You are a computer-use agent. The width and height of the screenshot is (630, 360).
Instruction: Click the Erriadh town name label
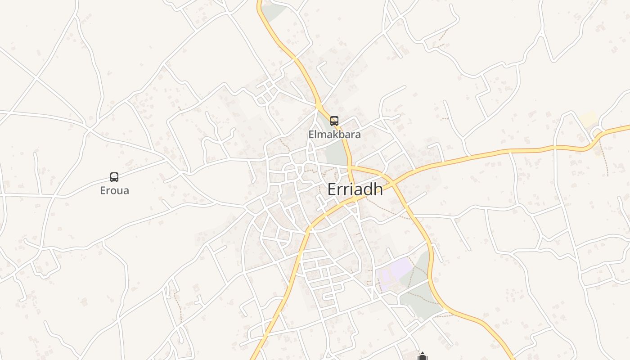[355, 189]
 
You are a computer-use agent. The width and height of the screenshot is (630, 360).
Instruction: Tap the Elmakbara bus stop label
[334, 134]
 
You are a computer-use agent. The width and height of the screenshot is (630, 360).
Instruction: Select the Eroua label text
[114, 190]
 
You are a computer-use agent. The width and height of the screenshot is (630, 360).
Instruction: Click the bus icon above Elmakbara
[334, 121]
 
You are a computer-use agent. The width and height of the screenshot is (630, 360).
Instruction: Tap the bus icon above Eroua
[114, 177]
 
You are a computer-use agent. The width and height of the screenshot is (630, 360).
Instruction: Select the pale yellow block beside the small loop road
[587, 119]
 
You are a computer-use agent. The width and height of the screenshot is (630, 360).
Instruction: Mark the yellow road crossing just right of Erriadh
[393, 182]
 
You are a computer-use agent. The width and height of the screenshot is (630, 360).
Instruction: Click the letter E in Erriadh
[331, 189]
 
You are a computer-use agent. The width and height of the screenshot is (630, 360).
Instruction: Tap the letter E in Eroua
[103, 190]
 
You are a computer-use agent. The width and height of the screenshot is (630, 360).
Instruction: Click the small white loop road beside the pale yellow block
[598, 134]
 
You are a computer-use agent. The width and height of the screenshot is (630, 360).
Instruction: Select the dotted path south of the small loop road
[605, 157]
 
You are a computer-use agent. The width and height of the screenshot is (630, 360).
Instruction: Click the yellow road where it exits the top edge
[260, 2]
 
